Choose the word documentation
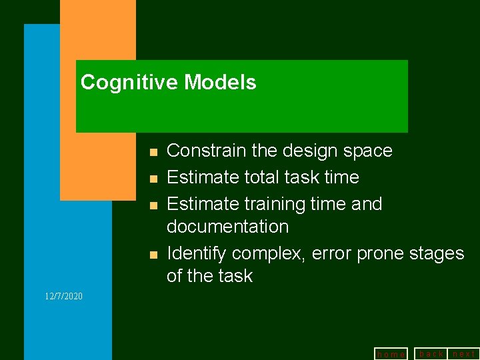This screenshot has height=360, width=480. [227, 227]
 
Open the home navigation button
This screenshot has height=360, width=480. [391, 354]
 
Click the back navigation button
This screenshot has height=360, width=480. [431, 353]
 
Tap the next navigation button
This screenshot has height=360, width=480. [464, 353]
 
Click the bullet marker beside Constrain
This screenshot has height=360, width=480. [153, 152]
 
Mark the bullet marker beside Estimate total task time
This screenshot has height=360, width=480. [153, 179]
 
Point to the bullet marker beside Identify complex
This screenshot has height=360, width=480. [153, 255]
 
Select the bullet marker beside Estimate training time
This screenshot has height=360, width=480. [153, 205]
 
